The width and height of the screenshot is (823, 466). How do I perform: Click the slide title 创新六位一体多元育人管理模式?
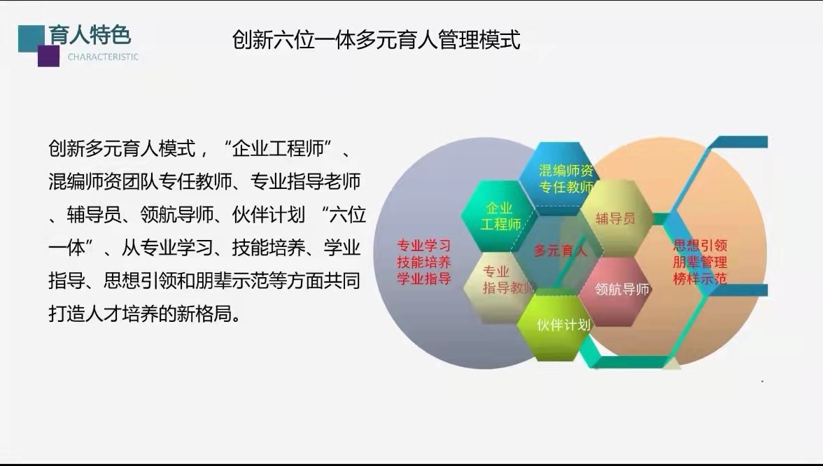tap(376, 40)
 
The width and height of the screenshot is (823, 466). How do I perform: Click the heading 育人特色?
tap(90, 35)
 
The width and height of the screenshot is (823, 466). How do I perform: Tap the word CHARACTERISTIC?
tap(104, 57)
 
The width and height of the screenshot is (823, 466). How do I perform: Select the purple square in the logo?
tap(49, 56)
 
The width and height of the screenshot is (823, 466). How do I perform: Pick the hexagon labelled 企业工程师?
tap(499, 216)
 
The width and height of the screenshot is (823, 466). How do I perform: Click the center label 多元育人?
tap(560, 250)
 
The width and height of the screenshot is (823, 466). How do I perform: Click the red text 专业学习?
tap(423, 246)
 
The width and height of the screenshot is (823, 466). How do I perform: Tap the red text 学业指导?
tap(423, 278)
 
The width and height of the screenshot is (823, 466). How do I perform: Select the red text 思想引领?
tap(700, 246)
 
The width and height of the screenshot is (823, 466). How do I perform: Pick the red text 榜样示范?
tap(700, 278)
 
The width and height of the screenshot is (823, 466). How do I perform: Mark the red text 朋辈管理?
tap(700, 262)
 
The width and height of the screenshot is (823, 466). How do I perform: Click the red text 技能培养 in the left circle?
tap(423, 262)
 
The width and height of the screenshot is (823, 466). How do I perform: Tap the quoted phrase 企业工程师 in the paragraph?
tap(279, 148)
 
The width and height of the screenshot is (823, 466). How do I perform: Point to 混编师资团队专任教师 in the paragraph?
tap(140, 182)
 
